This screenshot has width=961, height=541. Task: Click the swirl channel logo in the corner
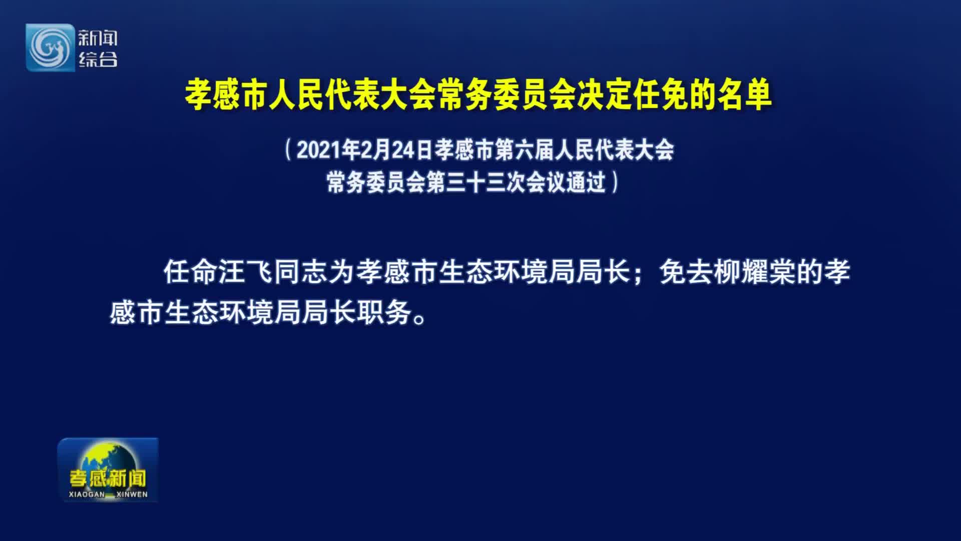[50, 48]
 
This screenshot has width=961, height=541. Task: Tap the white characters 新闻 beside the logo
[98, 38]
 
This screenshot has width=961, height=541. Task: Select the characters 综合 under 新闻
[98, 59]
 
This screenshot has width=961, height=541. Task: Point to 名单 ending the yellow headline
[744, 95]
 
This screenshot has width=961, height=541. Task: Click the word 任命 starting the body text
[191, 273]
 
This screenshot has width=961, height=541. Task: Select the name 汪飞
[246, 273]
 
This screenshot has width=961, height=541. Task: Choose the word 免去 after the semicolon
[687, 273]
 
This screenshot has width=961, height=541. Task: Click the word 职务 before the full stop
[384, 313]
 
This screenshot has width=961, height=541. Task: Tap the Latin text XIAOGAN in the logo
[87, 494]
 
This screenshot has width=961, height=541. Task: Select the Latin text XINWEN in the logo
[132, 494]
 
